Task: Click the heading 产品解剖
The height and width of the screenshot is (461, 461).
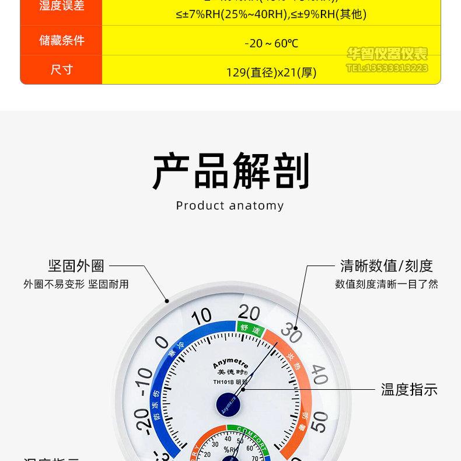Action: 230,171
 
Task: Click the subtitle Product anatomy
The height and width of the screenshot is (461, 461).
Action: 230,205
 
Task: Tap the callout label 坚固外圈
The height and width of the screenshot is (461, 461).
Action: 76,266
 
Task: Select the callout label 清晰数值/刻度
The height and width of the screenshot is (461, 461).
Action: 386,266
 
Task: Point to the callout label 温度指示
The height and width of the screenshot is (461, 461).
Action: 409,389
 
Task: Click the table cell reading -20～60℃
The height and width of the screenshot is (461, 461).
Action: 271,43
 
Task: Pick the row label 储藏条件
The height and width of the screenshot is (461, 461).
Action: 61,40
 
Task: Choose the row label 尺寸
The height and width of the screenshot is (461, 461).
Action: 61,69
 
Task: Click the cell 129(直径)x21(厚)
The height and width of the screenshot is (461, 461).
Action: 271,72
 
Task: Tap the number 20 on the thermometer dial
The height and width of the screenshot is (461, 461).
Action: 249,312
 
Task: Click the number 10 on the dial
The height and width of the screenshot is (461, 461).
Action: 201,317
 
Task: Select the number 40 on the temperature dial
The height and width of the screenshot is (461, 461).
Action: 319,374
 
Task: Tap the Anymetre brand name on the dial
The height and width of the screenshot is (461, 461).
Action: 230,362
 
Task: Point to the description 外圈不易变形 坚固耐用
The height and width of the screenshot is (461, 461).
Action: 76,284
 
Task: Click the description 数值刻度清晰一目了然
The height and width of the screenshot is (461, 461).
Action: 386,284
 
